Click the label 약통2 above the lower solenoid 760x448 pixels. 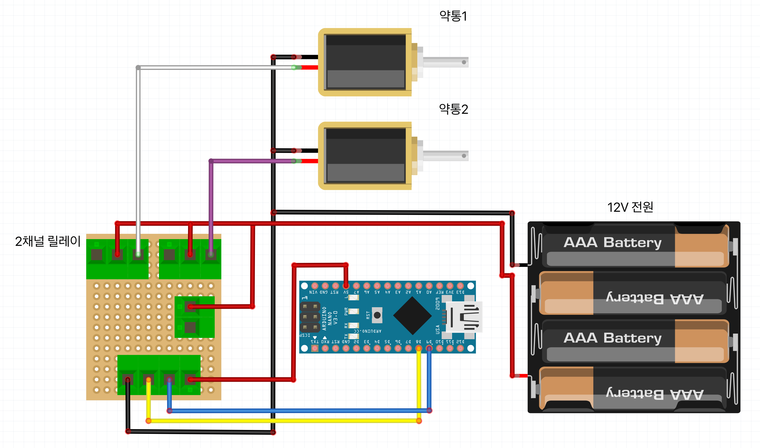tap(453, 109)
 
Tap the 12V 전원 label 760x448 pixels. tap(630, 207)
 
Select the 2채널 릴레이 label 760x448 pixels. tap(48, 241)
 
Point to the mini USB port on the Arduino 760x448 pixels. tap(464, 317)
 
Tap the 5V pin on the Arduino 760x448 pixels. tap(346, 285)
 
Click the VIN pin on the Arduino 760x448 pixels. tap(315, 285)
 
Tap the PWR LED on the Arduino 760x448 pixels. tap(353, 311)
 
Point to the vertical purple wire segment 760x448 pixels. tap(211, 205)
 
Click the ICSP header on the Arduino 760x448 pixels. tap(310, 317)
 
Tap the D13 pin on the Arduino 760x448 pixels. tap(460, 285)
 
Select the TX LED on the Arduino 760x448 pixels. tap(353, 336)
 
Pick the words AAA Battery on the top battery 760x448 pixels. tap(612, 242)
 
